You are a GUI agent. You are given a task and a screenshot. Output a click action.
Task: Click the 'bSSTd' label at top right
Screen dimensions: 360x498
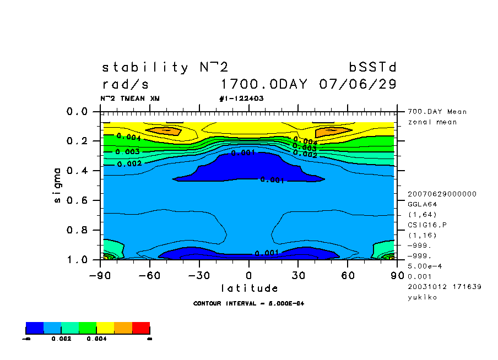(x=373, y=68)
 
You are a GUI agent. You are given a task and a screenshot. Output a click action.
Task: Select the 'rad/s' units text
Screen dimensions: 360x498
(x=125, y=85)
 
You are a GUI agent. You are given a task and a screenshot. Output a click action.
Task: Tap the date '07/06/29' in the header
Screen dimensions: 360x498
(x=358, y=85)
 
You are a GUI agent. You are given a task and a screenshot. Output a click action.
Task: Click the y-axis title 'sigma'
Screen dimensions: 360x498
(x=58, y=185)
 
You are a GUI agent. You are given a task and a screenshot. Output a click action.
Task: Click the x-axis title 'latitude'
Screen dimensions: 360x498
(x=250, y=288)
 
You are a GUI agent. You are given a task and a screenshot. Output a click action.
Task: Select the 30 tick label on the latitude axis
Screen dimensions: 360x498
(x=298, y=275)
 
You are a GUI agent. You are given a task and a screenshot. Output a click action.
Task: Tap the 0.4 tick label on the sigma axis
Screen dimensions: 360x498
(x=78, y=171)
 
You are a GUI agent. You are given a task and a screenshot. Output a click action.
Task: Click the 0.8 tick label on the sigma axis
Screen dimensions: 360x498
(x=78, y=230)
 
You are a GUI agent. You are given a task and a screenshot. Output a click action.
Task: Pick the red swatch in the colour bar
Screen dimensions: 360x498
(x=141, y=328)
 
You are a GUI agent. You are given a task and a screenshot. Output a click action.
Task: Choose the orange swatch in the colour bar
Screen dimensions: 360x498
(x=123, y=328)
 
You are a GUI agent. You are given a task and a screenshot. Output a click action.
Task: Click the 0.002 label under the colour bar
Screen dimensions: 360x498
(x=60, y=339)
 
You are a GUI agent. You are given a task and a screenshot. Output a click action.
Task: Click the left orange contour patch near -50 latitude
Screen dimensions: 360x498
(x=166, y=131)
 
